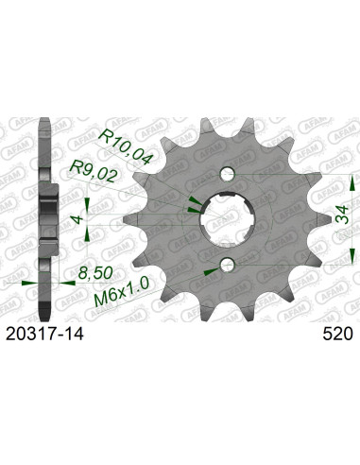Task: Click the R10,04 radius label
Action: click(x=126, y=147)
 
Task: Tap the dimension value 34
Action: click(x=342, y=215)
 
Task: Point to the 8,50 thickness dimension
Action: click(x=95, y=273)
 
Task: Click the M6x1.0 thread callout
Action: click(x=122, y=292)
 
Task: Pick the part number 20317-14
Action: click(x=44, y=334)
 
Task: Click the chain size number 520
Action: click(x=337, y=334)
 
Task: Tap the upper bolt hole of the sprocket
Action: click(x=228, y=174)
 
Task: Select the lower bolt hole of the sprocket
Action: click(x=228, y=266)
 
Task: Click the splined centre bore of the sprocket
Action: click(x=228, y=219)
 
